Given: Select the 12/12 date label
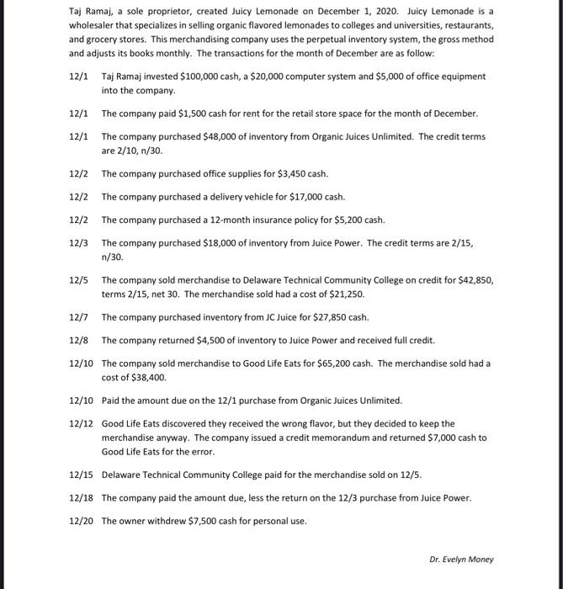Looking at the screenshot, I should (80, 424).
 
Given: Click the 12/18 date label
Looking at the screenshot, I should (80, 498).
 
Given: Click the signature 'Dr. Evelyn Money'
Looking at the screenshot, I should (461, 560).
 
